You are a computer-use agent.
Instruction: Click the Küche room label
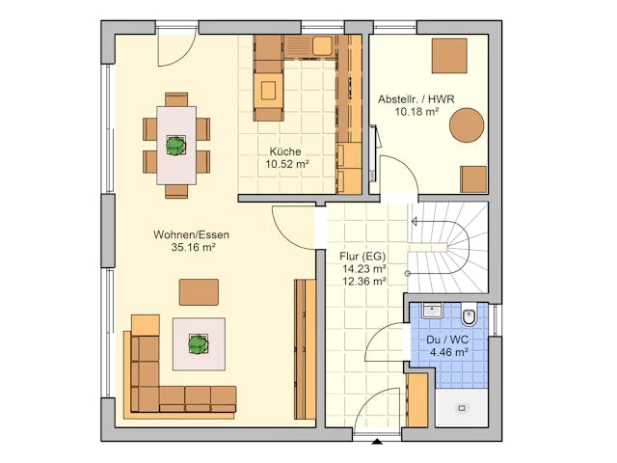click(285, 151)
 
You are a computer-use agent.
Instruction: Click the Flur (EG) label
click(362, 257)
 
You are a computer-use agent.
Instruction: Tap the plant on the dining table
click(175, 146)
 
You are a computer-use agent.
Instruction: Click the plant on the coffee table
click(199, 342)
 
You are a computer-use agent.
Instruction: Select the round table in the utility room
click(468, 123)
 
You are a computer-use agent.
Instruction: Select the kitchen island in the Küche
click(268, 93)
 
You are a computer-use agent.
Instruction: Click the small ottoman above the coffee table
click(199, 291)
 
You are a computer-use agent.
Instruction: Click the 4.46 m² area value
click(447, 352)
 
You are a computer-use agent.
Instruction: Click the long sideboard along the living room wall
click(305, 347)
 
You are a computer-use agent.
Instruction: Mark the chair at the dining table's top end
click(176, 98)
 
